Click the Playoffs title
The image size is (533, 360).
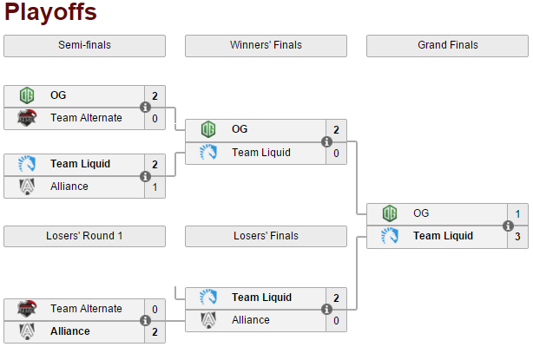(x=50, y=13)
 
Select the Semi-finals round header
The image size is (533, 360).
(x=84, y=45)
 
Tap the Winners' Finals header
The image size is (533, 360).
(x=266, y=45)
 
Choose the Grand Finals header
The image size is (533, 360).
(x=447, y=45)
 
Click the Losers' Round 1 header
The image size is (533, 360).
(x=84, y=236)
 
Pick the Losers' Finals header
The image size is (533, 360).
(x=266, y=236)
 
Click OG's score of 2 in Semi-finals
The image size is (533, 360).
(x=155, y=96)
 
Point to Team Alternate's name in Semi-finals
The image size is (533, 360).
(x=86, y=118)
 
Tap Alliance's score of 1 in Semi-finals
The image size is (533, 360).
(x=155, y=187)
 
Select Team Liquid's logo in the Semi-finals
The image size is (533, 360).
(x=27, y=164)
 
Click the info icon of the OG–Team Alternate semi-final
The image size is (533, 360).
(x=145, y=108)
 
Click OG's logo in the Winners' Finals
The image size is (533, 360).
(x=208, y=129)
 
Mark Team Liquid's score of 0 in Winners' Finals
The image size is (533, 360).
(x=336, y=153)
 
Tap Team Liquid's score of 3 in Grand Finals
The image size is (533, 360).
(x=517, y=236)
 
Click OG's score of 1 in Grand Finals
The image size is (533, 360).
(x=517, y=213)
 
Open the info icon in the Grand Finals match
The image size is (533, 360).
(x=508, y=225)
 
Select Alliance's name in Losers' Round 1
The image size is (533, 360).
(x=69, y=331)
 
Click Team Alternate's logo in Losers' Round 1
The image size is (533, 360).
(x=27, y=309)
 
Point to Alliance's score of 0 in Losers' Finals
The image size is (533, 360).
(x=336, y=320)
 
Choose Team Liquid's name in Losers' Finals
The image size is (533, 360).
(x=261, y=298)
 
